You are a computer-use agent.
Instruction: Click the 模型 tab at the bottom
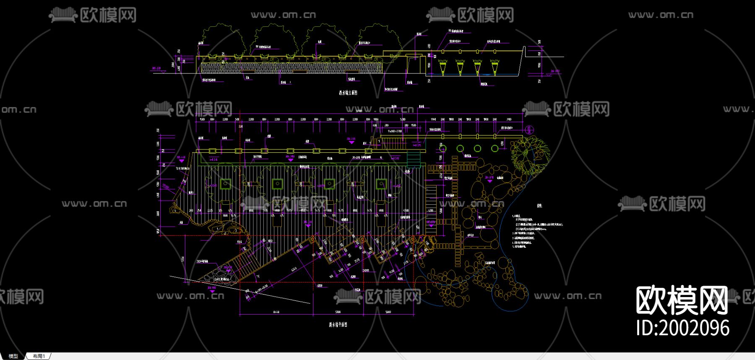pyautogui.click(x=13, y=356)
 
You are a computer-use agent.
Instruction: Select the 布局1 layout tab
pyautogui.click(x=39, y=356)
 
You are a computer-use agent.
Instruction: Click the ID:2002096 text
pyautogui.click(x=682, y=328)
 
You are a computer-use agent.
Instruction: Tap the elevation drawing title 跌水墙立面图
pyautogui.click(x=348, y=93)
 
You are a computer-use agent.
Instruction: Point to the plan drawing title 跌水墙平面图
pyautogui.click(x=338, y=325)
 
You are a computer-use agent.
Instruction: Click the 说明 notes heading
pyautogui.click(x=539, y=206)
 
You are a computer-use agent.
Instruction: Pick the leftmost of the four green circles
pyautogui.click(x=443, y=149)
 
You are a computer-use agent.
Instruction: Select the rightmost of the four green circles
pyautogui.click(x=495, y=149)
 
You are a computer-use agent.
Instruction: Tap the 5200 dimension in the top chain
pyautogui.click(x=403, y=120)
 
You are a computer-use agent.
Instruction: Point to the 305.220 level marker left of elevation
pyautogui.click(x=156, y=68)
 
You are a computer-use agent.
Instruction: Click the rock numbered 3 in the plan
pyautogui.click(x=236, y=230)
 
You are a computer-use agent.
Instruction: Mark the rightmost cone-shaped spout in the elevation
pyautogui.click(x=494, y=66)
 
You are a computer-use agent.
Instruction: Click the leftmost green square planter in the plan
pyautogui.click(x=225, y=183)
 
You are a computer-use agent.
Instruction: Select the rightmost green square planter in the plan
pyautogui.click(x=381, y=183)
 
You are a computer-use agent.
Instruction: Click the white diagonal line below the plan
pyautogui.click(x=239, y=289)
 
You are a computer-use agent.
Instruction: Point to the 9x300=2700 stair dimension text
pyautogui.click(x=394, y=131)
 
